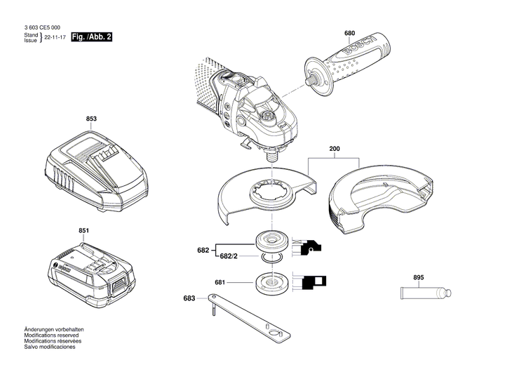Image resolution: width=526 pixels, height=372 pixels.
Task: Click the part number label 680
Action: pyautogui.click(x=350, y=34)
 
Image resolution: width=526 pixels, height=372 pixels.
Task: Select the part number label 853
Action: pyautogui.click(x=91, y=119)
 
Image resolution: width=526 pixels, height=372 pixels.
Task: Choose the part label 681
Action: pyautogui.click(x=220, y=283)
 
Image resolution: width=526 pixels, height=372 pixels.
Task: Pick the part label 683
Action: pyautogui.click(x=189, y=298)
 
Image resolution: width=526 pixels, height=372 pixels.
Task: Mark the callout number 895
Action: pyautogui.click(x=419, y=278)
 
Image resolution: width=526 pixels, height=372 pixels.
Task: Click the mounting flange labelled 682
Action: pyautogui.click(x=269, y=241)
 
